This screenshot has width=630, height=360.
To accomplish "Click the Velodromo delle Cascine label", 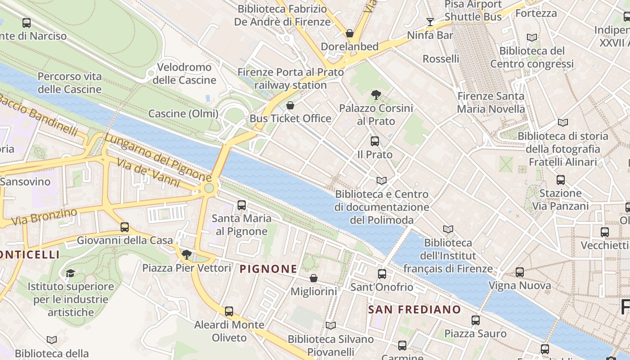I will click(x=184, y=74).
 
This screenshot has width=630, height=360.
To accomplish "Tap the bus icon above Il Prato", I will click(x=375, y=141).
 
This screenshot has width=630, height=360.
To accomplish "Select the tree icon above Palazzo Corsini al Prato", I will click(x=376, y=95).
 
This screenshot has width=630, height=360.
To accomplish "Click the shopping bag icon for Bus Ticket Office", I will click(x=290, y=105).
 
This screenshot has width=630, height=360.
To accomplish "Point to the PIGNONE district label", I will click(x=268, y=269).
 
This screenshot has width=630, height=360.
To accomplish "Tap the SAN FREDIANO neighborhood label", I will click(x=414, y=310).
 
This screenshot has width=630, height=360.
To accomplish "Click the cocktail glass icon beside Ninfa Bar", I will click(x=430, y=22).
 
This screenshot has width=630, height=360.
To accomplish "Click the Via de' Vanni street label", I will click(x=153, y=173).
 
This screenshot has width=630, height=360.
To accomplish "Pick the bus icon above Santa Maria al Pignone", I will click(x=242, y=205).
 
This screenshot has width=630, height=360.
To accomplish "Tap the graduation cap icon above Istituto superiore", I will click(x=70, y=273).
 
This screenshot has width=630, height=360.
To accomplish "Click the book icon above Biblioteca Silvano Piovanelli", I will click(x=331, y=325).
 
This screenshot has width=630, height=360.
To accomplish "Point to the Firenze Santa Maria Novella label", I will click(x=491, y=103).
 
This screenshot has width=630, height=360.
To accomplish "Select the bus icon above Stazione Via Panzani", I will click(x=561, y=180).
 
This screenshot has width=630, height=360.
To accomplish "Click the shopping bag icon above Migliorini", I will click(x=314, y=278).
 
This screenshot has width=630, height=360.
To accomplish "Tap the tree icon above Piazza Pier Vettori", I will click(x=186, y=255).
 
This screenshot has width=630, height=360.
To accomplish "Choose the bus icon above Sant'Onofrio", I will click(x=382, y=274).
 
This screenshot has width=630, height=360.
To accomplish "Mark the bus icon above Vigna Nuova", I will click(x=520, y=272).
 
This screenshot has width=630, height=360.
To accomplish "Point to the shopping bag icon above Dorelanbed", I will click(x=350, y=33).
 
